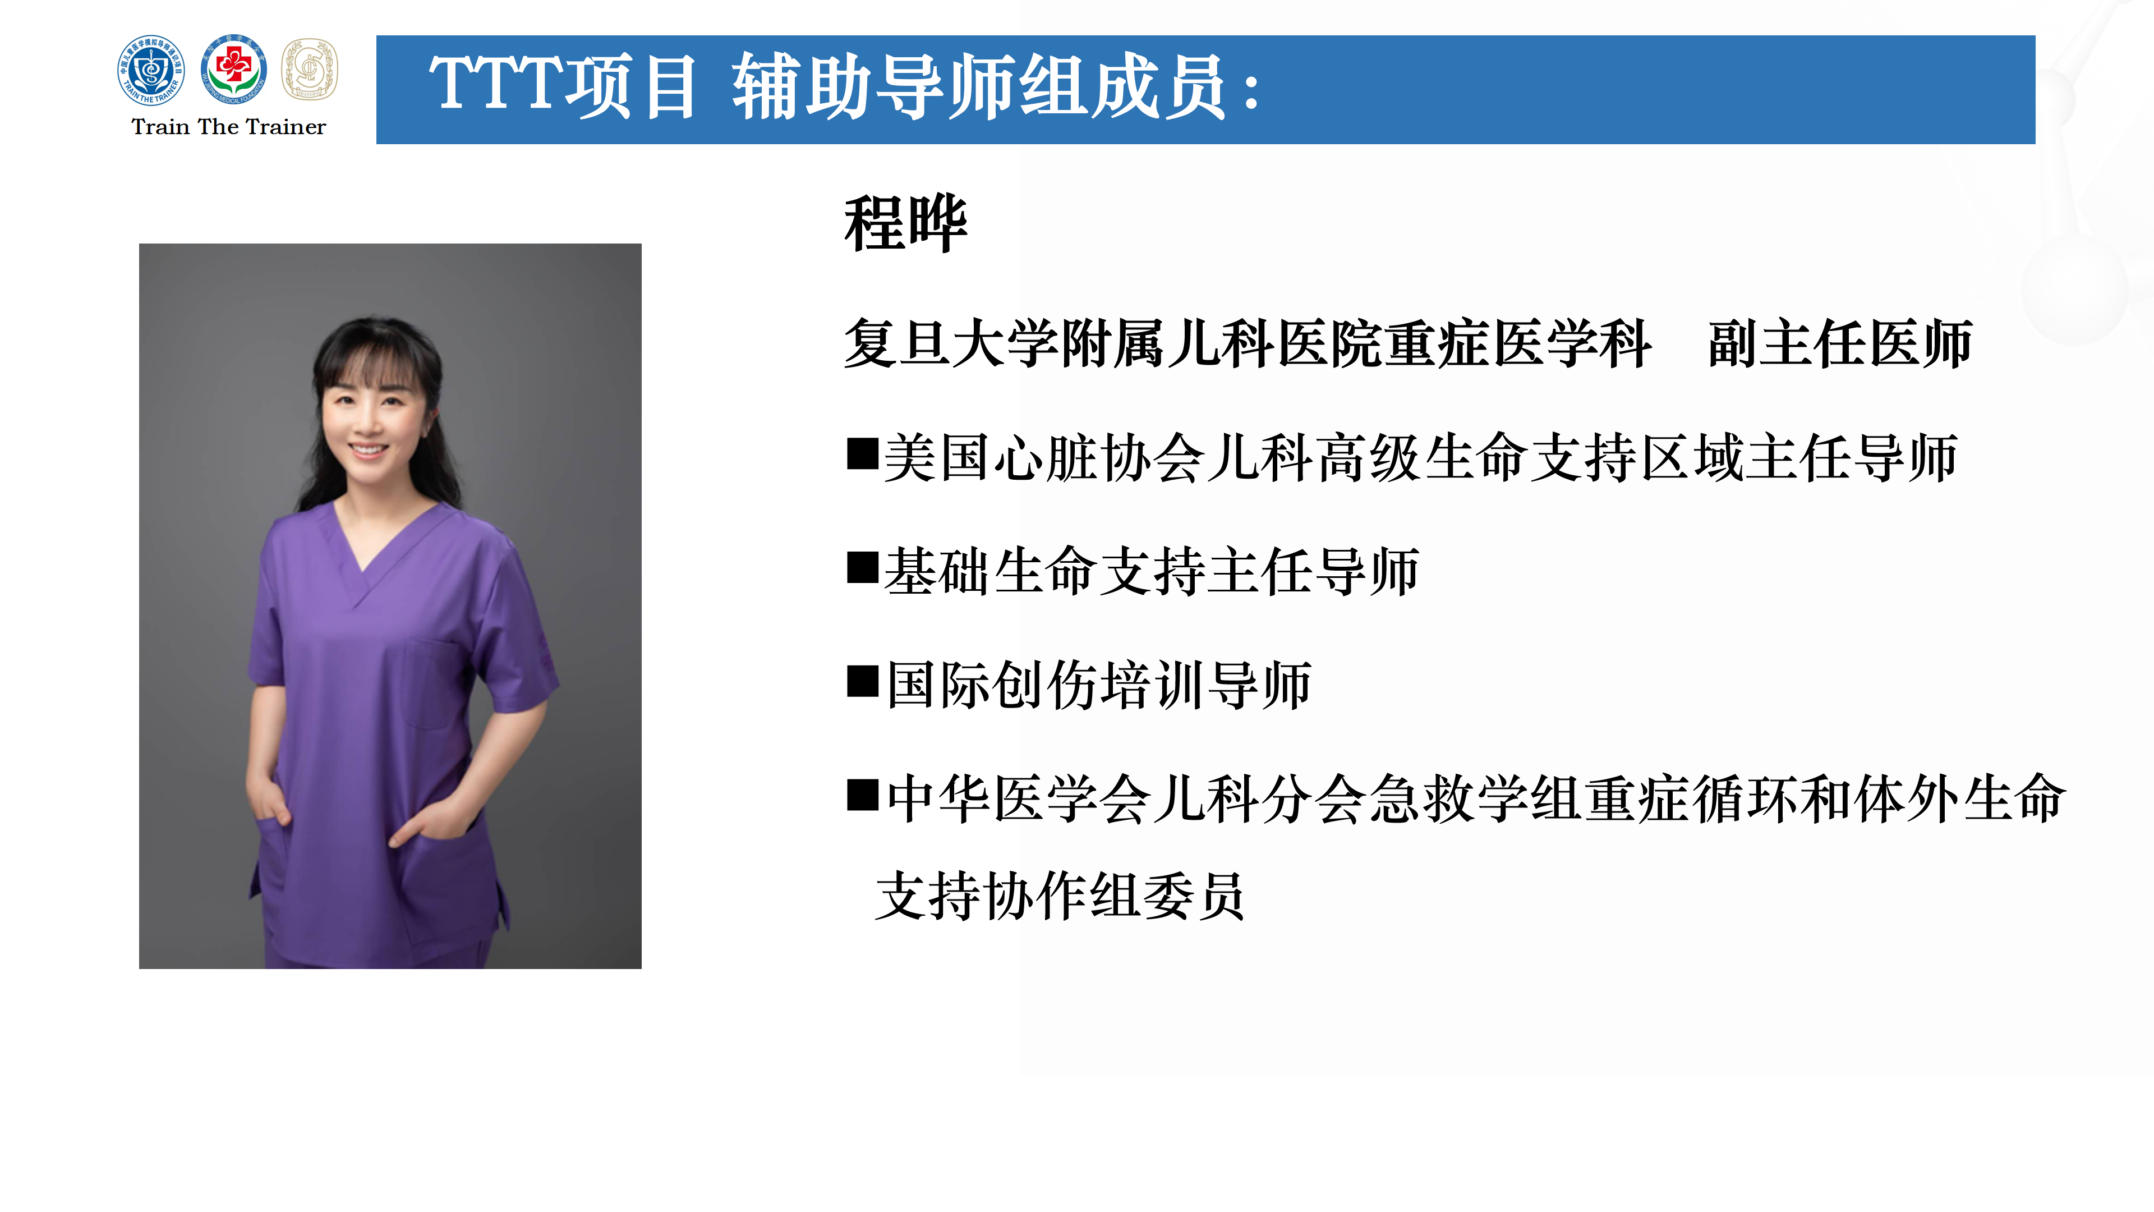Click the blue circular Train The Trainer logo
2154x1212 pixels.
click(x=150, y=70)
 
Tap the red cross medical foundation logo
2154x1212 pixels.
click(x=233, y=70)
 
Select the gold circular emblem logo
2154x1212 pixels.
click(x=310, y=70)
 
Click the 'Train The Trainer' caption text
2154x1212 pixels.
click(x=228, y=127)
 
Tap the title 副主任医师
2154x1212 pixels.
click(x=1840, y=344)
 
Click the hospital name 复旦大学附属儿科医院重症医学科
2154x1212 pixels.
click(x=1247, y=344)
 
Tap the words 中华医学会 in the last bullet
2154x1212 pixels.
click(x=1019, y=799)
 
